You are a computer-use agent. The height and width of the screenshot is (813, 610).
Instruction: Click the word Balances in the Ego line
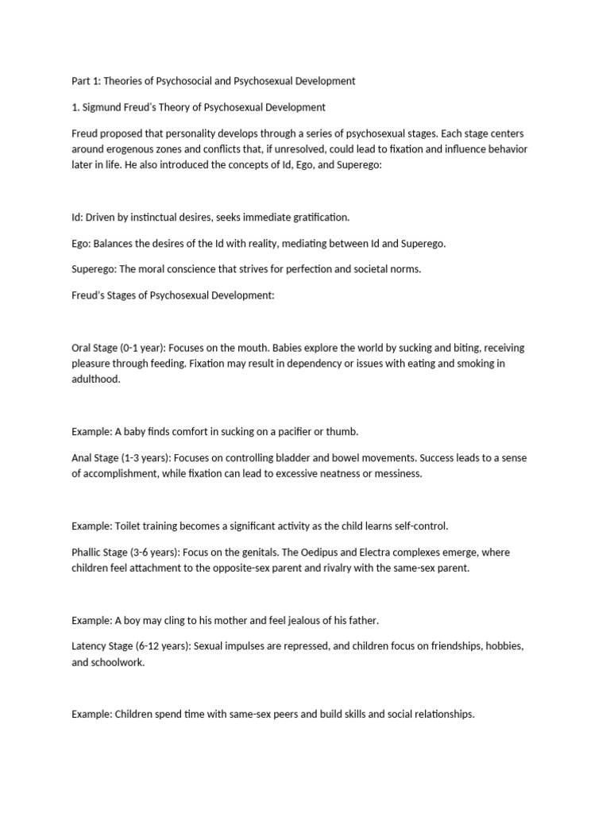[113, 243]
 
